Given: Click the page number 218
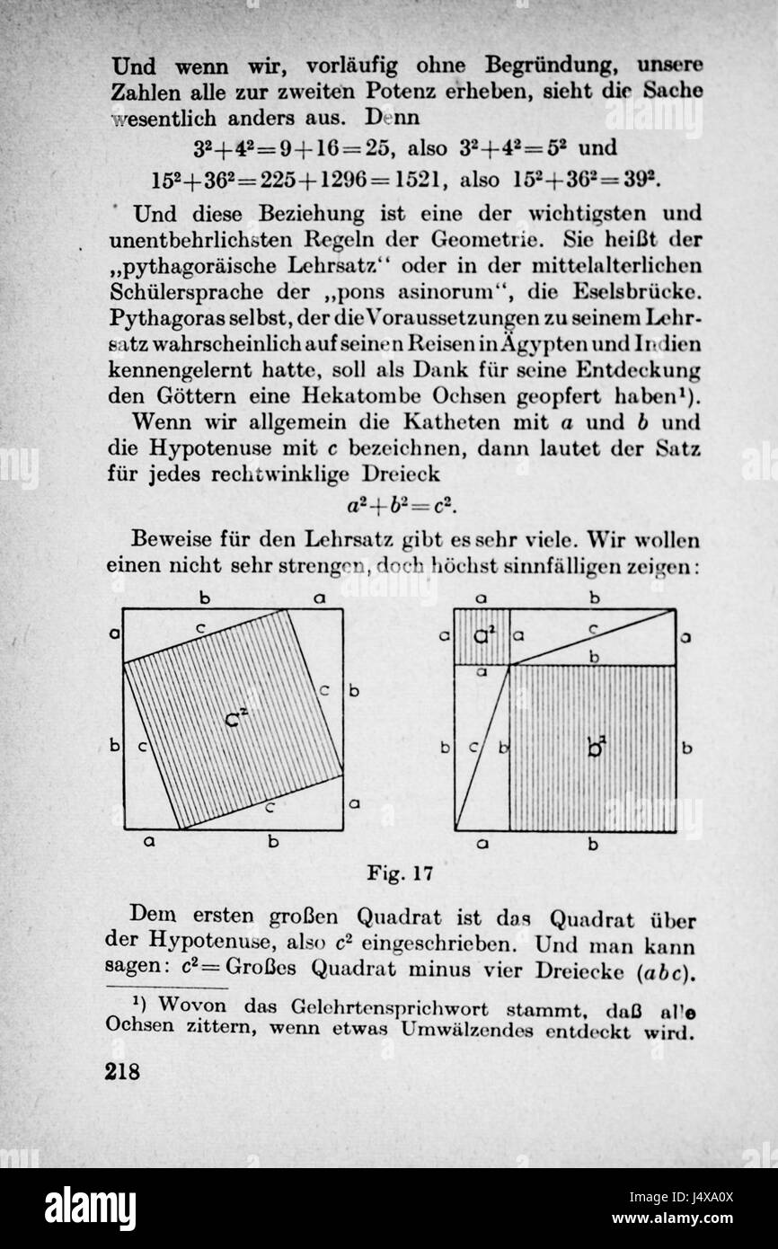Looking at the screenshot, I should tap(123, 1072).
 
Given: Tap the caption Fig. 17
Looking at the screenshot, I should tap(400, 873).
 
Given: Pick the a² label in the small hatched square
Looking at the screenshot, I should tap(483, 636).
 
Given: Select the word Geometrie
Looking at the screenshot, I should tap(488, 241).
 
